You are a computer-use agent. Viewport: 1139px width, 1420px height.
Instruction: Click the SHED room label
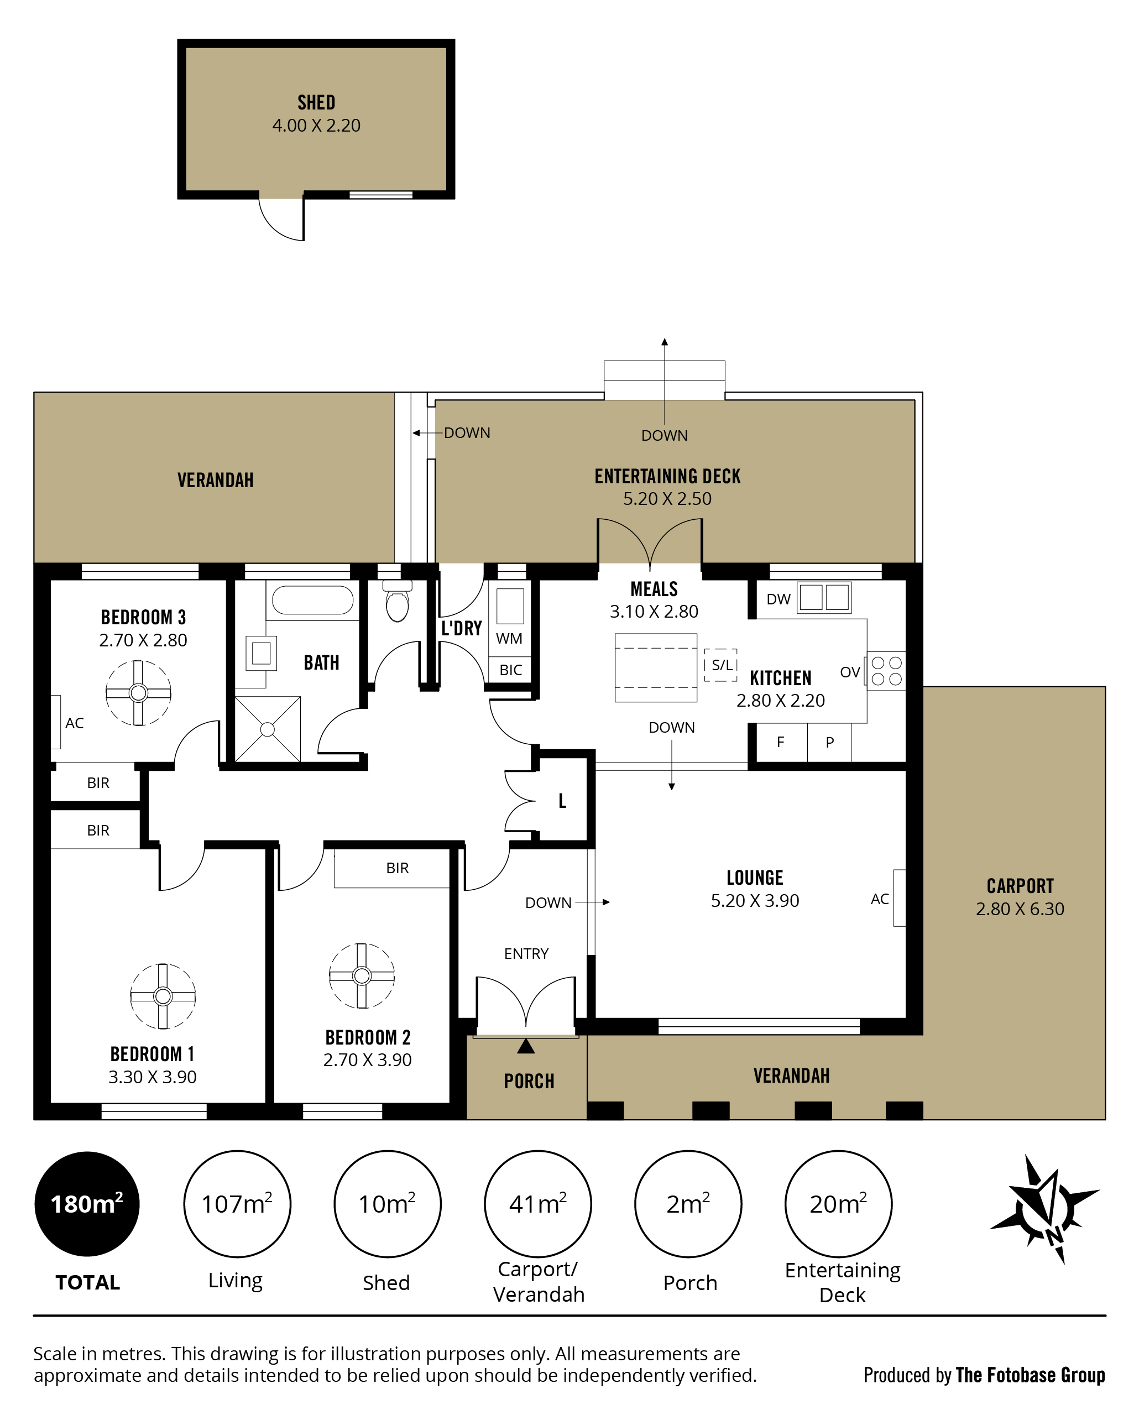point(316,103)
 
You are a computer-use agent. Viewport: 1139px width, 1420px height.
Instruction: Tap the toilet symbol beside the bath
point(397,601)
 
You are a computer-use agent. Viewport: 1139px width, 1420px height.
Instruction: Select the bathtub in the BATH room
point(313,600)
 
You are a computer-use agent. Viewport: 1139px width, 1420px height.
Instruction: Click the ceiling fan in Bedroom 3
point(138,693)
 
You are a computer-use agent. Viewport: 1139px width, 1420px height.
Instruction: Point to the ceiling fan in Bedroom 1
point(163,996)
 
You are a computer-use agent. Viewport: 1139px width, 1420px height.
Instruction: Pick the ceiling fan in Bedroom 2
point(362,976)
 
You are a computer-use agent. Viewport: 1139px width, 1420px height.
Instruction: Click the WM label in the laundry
point(509,638)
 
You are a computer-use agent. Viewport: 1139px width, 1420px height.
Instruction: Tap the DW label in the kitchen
point(778,599)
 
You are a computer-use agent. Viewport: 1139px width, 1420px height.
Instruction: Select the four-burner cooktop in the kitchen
point(886,671)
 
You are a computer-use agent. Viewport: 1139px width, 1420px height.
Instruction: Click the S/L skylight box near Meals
point(721,665)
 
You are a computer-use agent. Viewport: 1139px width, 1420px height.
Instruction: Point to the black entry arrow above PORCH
point(525,1046)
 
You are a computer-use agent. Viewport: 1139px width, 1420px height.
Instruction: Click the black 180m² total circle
point(87,1204)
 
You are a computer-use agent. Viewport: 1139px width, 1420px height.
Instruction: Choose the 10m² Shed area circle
point(387,1204)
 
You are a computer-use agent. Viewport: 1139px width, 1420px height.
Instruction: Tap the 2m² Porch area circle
point(688,1204)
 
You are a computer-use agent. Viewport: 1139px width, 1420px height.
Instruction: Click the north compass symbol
point(1046,1209)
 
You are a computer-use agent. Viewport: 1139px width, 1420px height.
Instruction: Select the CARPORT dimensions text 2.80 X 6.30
point(1020,909)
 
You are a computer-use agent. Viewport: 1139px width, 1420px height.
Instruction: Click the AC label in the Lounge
point(880,899)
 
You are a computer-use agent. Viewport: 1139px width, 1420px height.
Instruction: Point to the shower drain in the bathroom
point(267,729)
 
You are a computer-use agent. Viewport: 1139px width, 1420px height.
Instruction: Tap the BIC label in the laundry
point(510,670)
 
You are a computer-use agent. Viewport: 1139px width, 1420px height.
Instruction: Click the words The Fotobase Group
point(1031,1375)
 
